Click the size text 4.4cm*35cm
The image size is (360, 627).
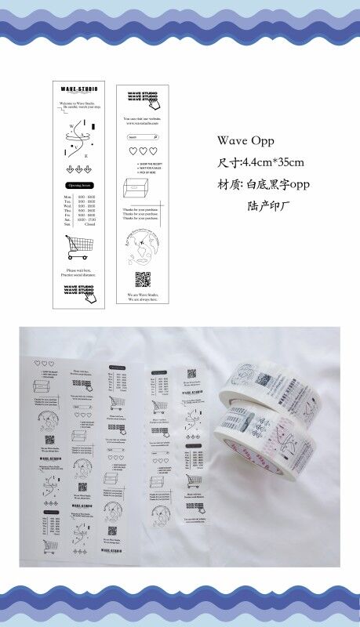pos(260,163)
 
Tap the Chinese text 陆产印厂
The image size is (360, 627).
pos(268,207)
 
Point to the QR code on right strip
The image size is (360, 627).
pos(142,279)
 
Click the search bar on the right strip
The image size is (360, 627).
pos(142,136)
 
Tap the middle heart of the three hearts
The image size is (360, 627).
pos(143,151)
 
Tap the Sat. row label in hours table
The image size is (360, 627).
pos(67,220)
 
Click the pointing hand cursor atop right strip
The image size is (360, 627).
pos(155,102)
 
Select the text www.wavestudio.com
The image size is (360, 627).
pos(142,124)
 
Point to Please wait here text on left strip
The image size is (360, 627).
pos(79,270)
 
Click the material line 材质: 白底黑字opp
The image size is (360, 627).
pos(260,186)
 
